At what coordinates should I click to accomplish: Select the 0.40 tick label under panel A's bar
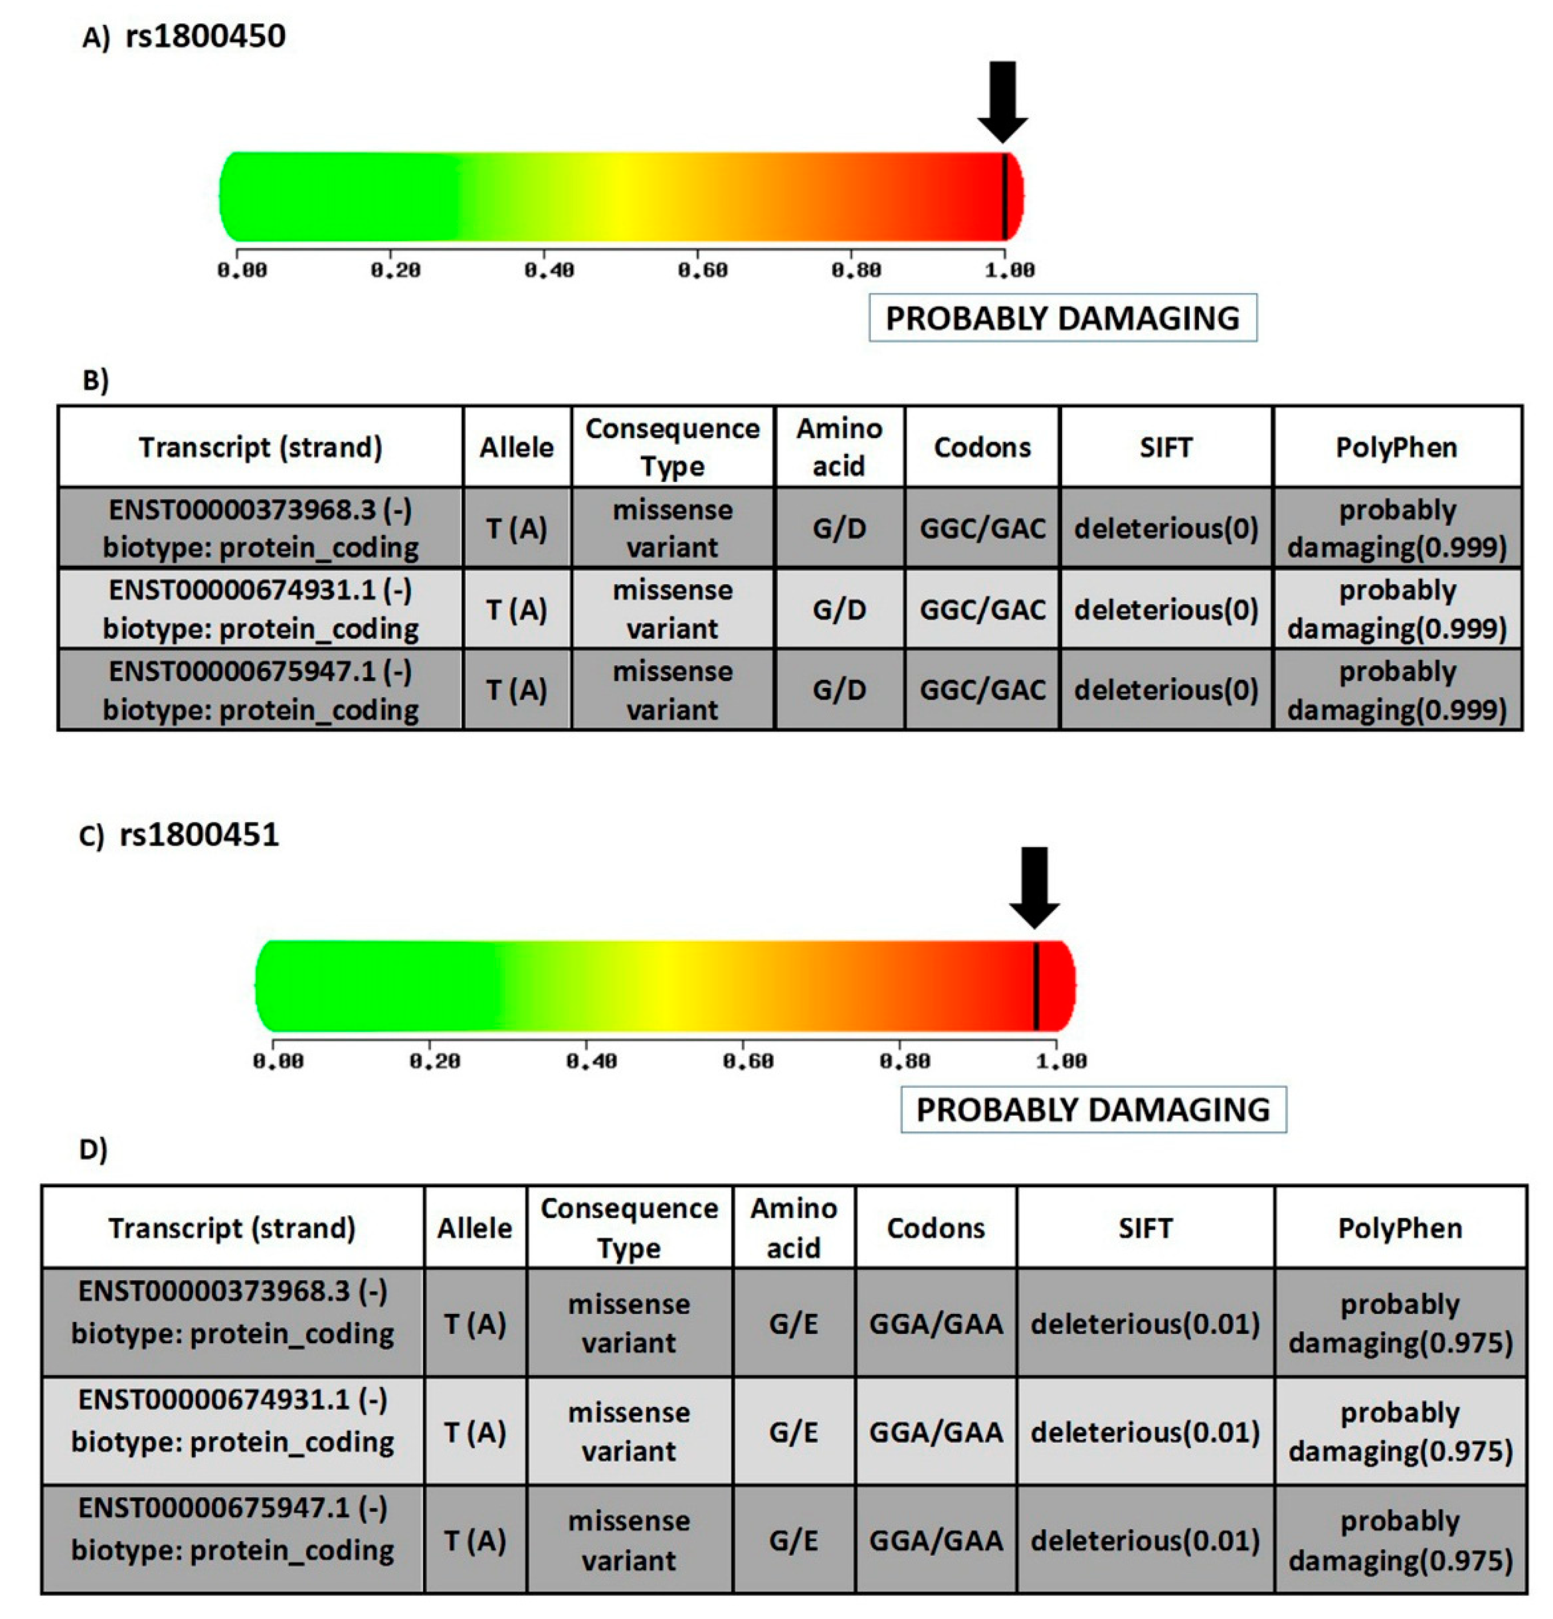pyautogui.click(x=549, y=270)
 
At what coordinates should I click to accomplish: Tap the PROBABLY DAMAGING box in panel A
pyautogui.click(x=1062, y=318)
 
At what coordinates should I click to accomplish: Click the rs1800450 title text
pyautogui.click(x=206, y=37)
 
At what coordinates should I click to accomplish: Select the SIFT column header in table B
pyautogui.click(x=1165, y=447)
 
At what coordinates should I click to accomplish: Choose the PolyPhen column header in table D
pyautogui.click(x=1400, y=1228)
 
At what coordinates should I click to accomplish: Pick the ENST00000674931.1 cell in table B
pyautogui.click(x=260, y=609)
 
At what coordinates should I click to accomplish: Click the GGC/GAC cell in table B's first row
pyautogui.click(x=982, y=529)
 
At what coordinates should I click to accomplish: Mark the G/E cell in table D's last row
pyautogui.click(x=793, y=1541)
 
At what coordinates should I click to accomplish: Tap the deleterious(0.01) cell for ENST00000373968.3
pyautogui.click(x=1144, y=1324)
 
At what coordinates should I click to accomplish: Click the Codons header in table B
pyautogui.click(x=982, y=447)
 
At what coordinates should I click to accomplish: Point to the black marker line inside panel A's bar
pyautogui.click(x=1004, y=197)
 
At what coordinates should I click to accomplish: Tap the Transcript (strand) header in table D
pyautogui.click(x=232, y=1228)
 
